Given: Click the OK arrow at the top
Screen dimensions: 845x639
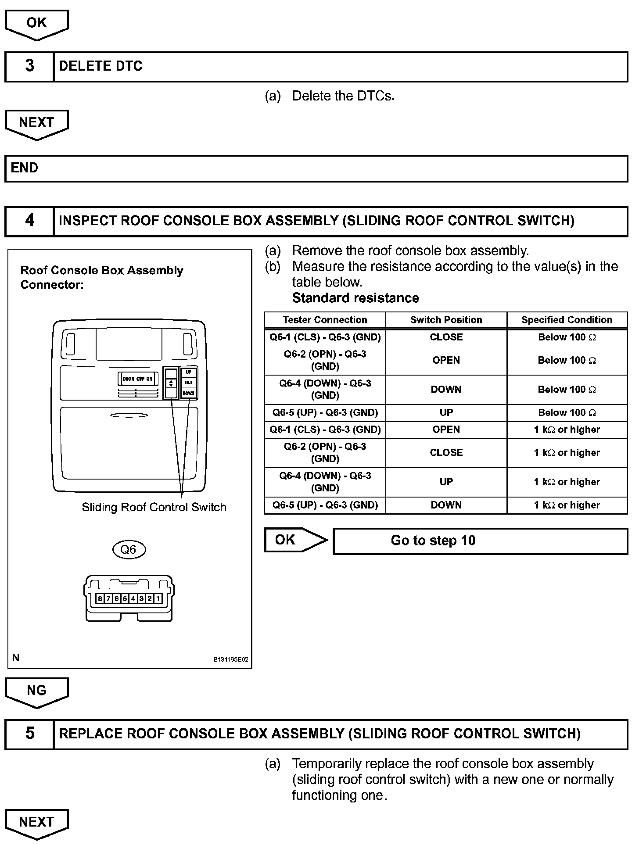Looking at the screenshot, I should coord(36,24).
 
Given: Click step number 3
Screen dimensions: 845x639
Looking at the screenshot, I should coord(29,66).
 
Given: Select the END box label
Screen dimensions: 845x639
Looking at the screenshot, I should coord(25,168).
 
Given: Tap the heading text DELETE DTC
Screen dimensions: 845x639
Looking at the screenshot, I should coord(101,66).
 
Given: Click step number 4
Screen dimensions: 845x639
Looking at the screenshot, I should coord(29,220).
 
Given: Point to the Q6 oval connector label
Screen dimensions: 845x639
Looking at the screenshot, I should coord(128,549).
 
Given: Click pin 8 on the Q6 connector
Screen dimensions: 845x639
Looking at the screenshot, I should coord(100,598).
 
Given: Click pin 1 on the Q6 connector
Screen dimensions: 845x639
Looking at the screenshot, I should coord(158,598).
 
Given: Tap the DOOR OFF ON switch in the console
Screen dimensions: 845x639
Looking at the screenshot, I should coord(137,379).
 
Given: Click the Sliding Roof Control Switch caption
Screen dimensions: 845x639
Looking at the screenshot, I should coord(154,507).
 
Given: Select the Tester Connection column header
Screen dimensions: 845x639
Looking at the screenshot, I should coord(325,320).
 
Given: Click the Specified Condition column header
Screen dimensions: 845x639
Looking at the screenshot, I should coord(567,320).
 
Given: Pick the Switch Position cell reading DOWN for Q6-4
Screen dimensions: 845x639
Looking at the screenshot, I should coord(446,389).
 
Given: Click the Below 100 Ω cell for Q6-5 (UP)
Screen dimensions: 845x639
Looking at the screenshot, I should coord(567,412).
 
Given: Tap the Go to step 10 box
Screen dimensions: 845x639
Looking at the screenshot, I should coord(480,541).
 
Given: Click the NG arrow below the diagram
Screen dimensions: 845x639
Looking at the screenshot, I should coord(36,691).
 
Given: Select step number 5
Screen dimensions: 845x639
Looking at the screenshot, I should coord(29,734).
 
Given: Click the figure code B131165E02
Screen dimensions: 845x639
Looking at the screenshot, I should coord(231,659).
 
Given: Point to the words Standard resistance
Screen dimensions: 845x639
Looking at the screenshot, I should coord(355,298).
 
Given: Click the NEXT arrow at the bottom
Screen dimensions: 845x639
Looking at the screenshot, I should coord(36,822).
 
